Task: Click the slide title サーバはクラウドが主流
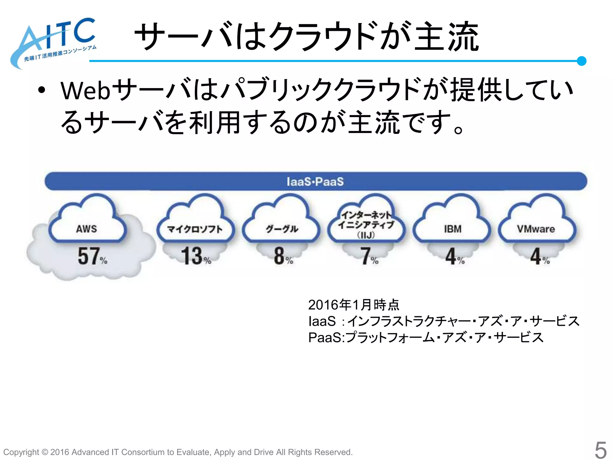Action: click(x=307, y=37)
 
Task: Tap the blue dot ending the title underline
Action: click(x=581, y=61)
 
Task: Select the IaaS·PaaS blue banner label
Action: click(x=315, y=181)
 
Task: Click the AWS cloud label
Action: click(x=87, y=229)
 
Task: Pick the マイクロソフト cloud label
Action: click(x=195, y=229)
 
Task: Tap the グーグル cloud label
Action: click(x=282, y=229)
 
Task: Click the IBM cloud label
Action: click(x=453, y=229)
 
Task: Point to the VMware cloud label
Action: click(x=536, y=229)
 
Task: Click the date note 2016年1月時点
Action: click(x=353, y=305)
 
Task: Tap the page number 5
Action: click(x=600, y=450)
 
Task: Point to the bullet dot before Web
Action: click(x=42, y=90)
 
